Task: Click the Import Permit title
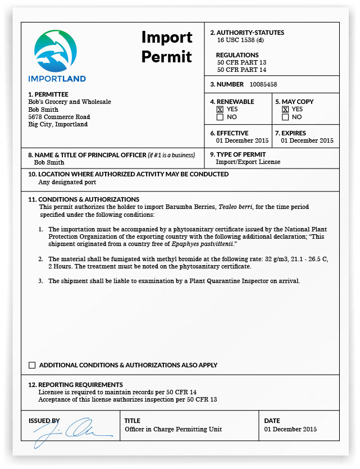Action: [x=167, y=47]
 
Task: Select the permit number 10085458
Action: [x=263, y=84]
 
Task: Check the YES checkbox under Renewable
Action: [x=220, y=110]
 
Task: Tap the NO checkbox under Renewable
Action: [x=220, y=117]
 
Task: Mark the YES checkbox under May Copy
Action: [x=285, y=110]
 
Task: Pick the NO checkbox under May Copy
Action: [x=285, y=117]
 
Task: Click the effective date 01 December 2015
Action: [x=242, y=140]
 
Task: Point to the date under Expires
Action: [x=307, y=140]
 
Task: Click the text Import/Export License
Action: [x=248, y=162]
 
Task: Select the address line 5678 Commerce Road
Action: [x=59, y=117]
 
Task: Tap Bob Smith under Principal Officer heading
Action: [x=49, y=162]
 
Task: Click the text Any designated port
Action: [x=67, y=182]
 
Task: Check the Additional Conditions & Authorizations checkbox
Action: [x=32, y=365]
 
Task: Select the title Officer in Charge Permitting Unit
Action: [x=173, y=429]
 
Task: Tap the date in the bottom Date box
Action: [x=290, y=429]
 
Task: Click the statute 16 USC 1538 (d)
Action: [x=240, y=40]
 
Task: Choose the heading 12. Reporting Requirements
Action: [x=75, y=384]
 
